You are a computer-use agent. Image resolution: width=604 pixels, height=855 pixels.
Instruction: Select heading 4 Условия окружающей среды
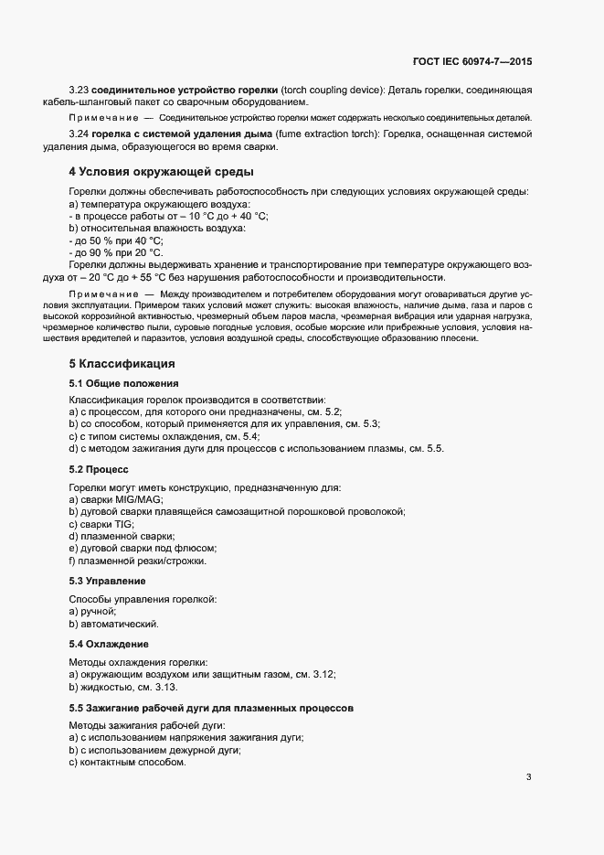(162, 171)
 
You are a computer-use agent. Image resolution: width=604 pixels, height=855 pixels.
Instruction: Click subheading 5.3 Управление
(108, 581)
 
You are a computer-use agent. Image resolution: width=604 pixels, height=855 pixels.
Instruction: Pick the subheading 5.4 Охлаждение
(108, 644)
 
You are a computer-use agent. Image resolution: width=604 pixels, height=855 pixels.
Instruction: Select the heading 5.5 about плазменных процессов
(211, 708)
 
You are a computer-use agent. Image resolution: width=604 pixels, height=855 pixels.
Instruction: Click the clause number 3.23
(79, 91)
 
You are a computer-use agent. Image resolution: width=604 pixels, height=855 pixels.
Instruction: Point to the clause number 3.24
(79, 135)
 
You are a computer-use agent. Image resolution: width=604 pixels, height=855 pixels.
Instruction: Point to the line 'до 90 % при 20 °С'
(117, 252)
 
